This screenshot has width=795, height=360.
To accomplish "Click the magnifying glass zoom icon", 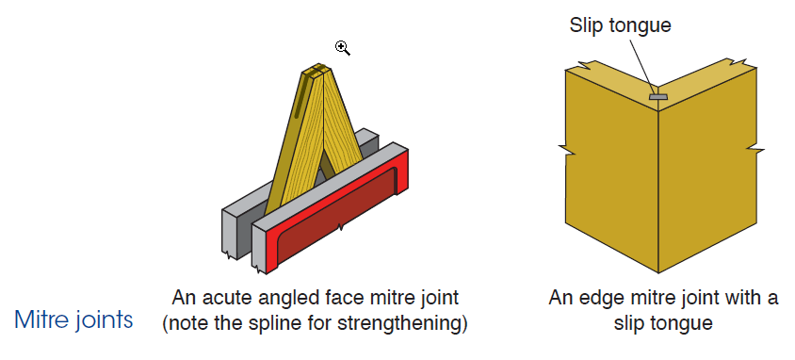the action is [x=342, y=48].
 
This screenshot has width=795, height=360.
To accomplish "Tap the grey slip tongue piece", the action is [x=659, y=96].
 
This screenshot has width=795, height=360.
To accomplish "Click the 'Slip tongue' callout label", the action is [x=620, y=25].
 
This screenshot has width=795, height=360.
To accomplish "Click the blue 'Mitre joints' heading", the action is [x=74, y=319].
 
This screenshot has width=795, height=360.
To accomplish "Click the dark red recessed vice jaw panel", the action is [x=338, y=218].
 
